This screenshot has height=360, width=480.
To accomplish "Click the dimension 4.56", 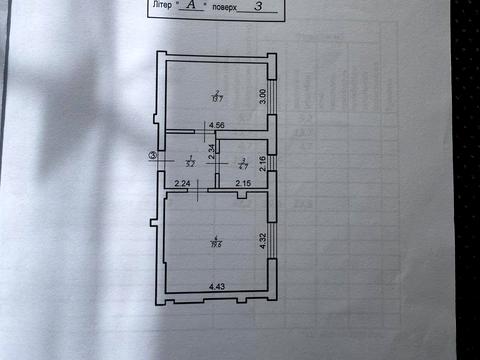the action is click(x=216, y=126).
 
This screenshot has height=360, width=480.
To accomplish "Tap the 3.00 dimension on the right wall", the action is click(x=262, y=96).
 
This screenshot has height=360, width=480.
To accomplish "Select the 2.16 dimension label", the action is click(x=262, y=159).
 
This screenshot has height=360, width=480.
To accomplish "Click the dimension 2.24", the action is click(x=182, y=183).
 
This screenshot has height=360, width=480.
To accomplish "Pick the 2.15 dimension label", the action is click(x=243, y=183).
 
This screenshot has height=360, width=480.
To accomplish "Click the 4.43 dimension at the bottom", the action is click(x=217, y=287).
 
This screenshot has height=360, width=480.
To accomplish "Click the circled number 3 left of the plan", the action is click(x=152, y=155).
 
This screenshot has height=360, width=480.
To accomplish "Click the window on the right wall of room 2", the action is click(x=273, y=98).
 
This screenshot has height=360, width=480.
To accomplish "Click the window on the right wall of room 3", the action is click(x=273, y=160).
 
